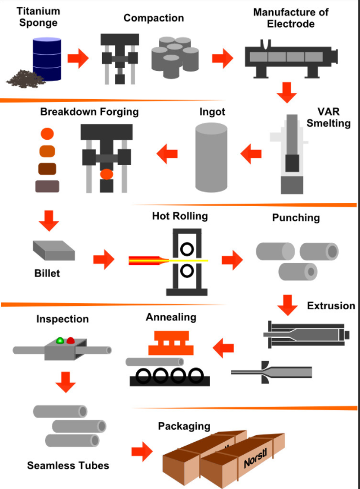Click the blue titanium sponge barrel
[x=46, y=59]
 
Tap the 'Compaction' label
[x=153, y=18]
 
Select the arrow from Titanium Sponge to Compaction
[x=78, y=57]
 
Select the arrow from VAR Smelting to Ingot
[x=251, y=152]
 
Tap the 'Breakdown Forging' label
[x=89, y=112]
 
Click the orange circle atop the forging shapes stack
[x=47, y=134]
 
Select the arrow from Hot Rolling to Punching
[x=232, y=260]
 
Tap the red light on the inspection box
[x=70, y=340]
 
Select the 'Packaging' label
[x=184, y=426]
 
